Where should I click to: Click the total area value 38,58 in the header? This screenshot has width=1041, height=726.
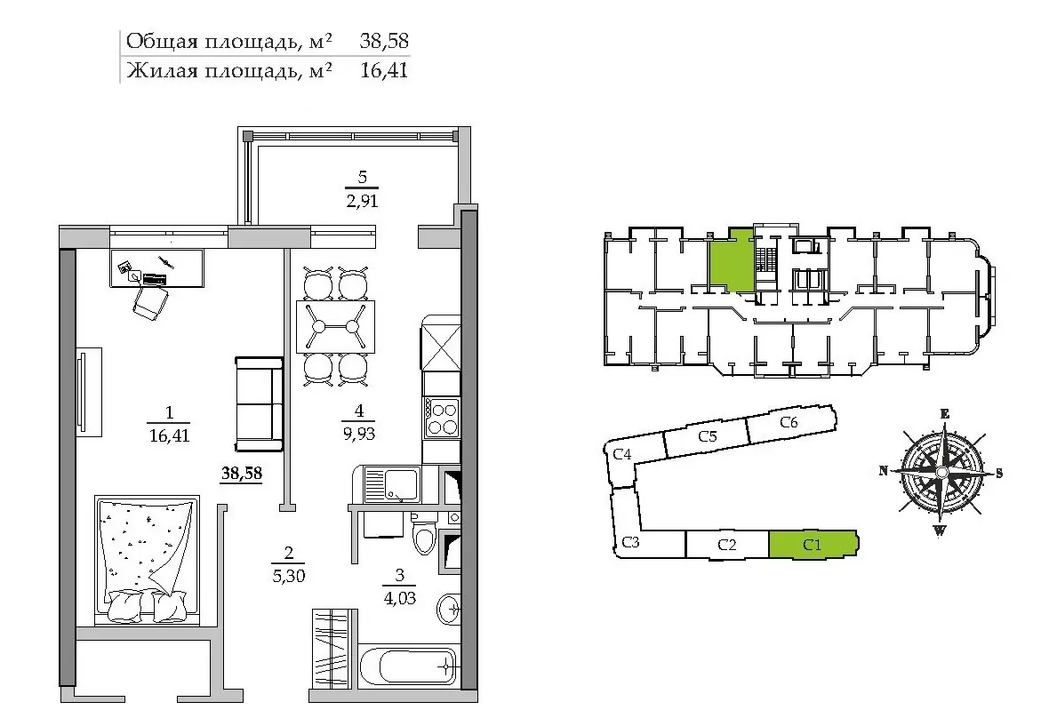[x=384, y=41]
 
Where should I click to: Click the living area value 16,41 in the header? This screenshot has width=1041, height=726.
[x=384, y=69]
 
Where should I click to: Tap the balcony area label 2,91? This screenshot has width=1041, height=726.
[x=362, y=201]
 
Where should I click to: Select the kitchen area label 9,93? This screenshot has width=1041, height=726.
[x=359, y=434]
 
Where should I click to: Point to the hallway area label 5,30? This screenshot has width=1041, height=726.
[x=289, y=575]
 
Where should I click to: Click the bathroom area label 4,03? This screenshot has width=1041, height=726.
[x=400, y=598]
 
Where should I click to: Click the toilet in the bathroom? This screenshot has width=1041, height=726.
[x=422, y=534]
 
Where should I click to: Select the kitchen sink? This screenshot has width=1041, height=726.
[x=392, y=484]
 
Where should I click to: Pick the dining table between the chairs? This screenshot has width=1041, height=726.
[x=335, y=326]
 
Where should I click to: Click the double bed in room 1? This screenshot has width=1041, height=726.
[x=147, y=560]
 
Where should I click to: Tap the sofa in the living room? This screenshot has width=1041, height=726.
[x=260, y=403]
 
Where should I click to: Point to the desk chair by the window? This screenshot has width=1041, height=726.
[x=151, y=302]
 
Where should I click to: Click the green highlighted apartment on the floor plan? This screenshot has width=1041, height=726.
[x=732, y=259]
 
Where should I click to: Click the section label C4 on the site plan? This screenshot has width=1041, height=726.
[x=622, y=454]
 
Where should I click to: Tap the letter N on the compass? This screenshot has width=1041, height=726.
[x=883, y=470]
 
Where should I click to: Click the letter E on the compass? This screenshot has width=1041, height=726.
[x=945, y=414]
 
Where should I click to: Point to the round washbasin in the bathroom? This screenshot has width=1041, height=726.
[x=449, y=607]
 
